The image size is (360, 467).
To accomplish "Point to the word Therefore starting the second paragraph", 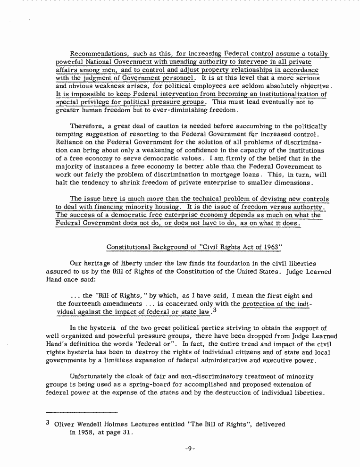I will pyautogui.click(x=87, y=126).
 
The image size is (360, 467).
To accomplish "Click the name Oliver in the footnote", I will pyautogui.click(x=65, y=424).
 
